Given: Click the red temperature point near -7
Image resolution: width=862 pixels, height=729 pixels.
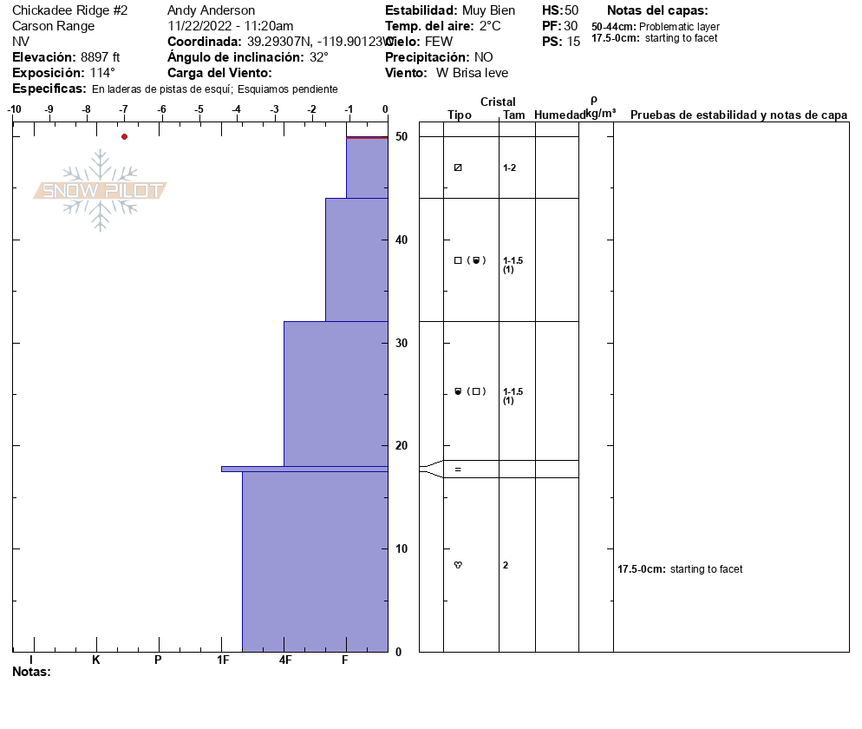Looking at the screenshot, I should click(124, 136).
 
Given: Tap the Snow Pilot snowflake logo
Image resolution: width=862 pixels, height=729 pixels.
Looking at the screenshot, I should click(101, 190).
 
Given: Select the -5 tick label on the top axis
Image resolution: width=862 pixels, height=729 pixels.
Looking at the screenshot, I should click(199, 109).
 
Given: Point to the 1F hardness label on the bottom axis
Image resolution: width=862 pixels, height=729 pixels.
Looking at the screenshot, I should click(223, 660).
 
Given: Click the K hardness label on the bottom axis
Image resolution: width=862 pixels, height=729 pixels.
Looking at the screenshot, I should click(96, 660).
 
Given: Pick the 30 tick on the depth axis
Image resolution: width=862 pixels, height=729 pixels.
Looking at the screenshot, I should click(401, 343).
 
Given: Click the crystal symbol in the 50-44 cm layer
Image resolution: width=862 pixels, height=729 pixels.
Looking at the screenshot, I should click(458, 167).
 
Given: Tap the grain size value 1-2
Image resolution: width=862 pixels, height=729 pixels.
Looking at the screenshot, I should click(510, 167).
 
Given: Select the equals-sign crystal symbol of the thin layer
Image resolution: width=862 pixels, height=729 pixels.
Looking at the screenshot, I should click(458, 470).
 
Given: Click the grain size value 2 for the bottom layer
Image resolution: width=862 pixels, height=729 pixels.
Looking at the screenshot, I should click(506, 565).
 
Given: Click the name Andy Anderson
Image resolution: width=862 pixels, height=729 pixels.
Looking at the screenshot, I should click(211, 10).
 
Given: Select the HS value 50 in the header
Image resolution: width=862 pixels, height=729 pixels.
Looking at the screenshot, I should click(571, 10).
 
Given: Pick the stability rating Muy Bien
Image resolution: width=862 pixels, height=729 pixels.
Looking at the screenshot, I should click(488, 10).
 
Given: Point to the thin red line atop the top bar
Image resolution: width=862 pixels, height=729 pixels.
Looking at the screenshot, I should click(367, 137).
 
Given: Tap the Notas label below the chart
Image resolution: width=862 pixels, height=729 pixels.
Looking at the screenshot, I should click(32, 672).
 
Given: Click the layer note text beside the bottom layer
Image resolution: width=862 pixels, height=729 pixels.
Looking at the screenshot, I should click(680, 569).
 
